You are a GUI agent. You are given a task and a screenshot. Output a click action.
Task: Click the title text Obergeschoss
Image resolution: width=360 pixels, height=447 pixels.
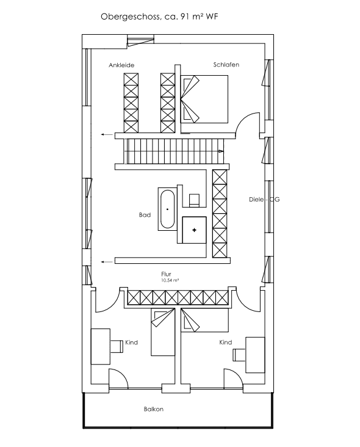click(x=131, y=17)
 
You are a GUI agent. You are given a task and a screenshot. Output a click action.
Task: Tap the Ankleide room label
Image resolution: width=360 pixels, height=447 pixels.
click(x=121, y=65)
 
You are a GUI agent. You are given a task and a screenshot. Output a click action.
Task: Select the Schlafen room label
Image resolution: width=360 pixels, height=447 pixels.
click(x=226, y=65)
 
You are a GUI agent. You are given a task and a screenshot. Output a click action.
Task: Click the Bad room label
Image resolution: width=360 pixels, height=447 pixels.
click(x=145, y=215)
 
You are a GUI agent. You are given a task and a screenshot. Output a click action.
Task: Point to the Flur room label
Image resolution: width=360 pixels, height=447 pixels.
click(x=166, y=274)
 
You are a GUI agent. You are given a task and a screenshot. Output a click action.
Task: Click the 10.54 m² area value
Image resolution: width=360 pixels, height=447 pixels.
click(x=170, y=280)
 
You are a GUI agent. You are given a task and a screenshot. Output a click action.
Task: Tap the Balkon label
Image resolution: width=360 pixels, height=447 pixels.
click(x=154, y=409)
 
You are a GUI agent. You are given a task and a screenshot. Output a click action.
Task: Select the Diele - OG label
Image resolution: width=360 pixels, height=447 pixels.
click(x=264, y=199)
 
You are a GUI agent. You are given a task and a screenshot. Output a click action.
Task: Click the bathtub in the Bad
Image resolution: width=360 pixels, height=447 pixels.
click(x=167, y=209)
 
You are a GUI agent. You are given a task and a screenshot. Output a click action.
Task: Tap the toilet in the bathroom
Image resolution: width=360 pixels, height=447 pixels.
click(x=195, y=200)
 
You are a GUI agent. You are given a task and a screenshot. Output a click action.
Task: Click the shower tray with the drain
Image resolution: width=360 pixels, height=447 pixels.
click(x=194, y=230)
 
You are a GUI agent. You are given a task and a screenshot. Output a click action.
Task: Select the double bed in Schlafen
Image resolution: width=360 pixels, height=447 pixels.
click(x=204, y=99)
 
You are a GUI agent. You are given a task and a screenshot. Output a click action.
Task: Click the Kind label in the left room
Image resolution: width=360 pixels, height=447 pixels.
click(x=132, y=343)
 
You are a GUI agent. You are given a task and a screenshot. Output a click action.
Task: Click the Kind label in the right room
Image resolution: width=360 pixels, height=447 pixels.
click(x=226, y=342)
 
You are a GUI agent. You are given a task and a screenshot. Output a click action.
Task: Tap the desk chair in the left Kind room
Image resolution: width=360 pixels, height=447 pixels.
click(x=117, y=346)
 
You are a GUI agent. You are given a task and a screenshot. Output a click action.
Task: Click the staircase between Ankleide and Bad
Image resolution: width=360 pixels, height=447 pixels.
click(x=174, y=151)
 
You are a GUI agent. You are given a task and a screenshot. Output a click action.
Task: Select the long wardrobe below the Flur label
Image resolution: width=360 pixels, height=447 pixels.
click(x=178, y=298)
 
